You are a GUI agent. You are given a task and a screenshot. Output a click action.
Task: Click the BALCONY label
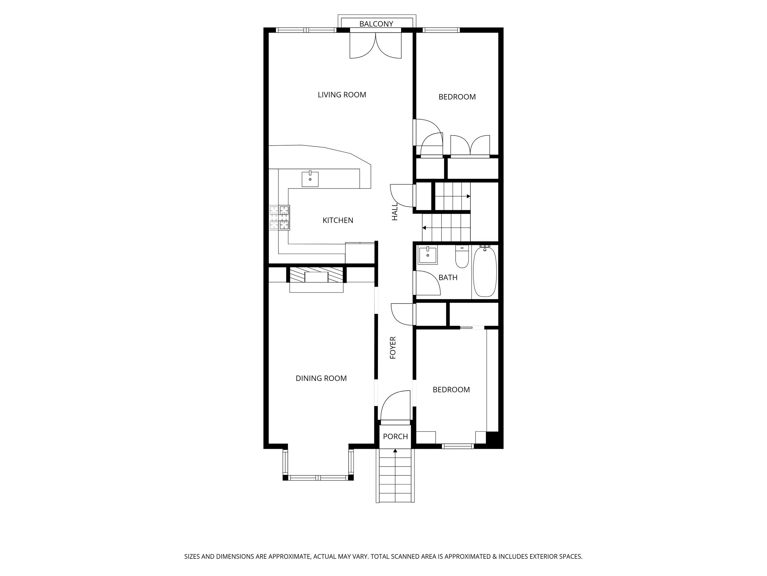(x=376, y=24)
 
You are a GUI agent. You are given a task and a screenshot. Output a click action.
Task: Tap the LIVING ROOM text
(x=341, y=95)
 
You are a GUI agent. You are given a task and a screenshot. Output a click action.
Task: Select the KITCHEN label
(x=338, y=221)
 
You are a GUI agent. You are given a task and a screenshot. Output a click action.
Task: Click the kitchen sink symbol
(x=310, y=179)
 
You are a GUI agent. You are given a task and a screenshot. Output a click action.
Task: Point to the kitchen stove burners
(x=279, y=218)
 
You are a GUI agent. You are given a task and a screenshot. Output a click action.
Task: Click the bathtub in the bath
(x=485, y=272)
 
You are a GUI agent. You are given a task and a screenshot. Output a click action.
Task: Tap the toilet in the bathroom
(x=462, y=257)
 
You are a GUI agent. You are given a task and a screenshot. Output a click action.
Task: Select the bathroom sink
(x=428, y=255)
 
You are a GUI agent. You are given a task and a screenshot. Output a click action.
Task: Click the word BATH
(x=448, y=278)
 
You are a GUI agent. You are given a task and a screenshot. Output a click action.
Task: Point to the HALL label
(x=395, y=212)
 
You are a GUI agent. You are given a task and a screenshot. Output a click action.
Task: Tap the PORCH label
(x=395, y=437)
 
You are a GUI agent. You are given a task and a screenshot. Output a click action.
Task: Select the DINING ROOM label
(x=321, y=378)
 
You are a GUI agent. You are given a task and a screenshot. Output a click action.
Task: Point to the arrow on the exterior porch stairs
(x=395, y=451)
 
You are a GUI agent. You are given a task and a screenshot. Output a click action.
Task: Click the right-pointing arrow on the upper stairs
(x=468, y=197)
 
